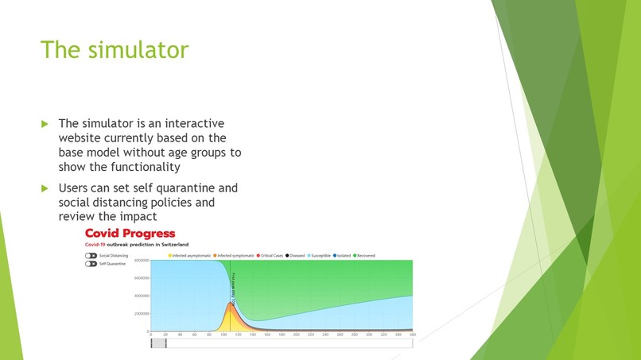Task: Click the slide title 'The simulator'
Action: click(115, 49)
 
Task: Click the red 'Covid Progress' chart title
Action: click(130, 233)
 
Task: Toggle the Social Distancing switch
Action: click(91, 256)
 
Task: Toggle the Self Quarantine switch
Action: click(91, 264)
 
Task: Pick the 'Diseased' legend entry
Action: click(296, 256)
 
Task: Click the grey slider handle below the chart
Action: click(159, 343)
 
